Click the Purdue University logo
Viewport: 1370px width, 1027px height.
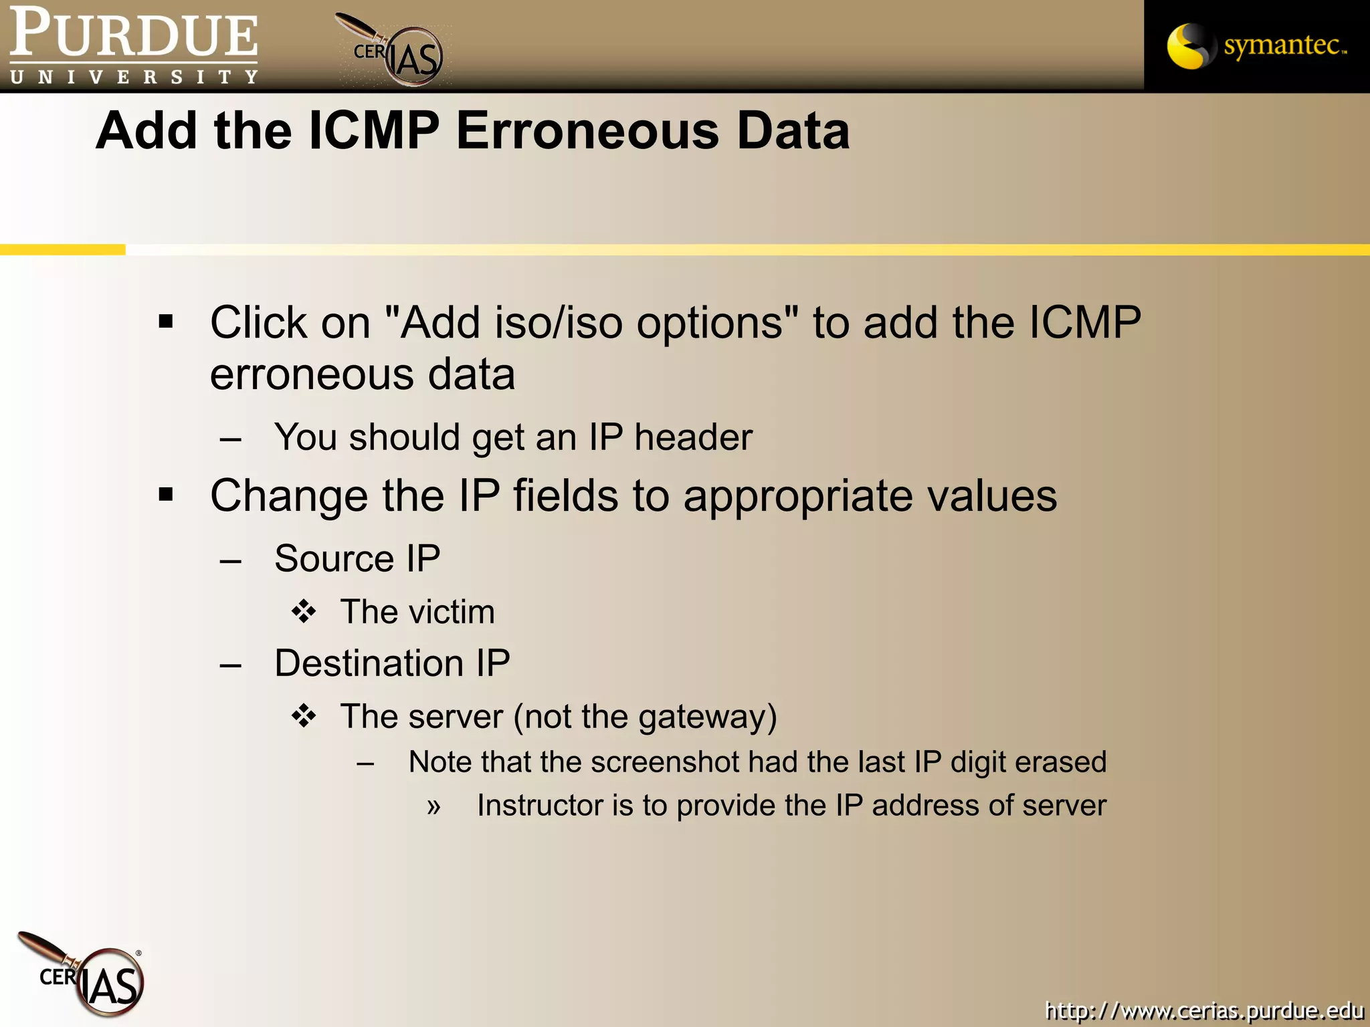tap(134, 45)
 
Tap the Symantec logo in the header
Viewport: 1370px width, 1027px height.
tap(1256, 45)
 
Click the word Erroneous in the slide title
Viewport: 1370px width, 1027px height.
tap(587, 130)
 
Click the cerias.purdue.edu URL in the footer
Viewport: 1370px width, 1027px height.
tap(1204, 1010)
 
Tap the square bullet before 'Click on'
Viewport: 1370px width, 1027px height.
tap(166, 322)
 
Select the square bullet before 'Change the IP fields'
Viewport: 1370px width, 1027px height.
tap(166, 495)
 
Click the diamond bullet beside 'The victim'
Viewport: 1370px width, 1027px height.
tap(304, 611)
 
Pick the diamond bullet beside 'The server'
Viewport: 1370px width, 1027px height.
tap(304, 716)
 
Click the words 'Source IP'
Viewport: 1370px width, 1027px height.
tap(357, 558)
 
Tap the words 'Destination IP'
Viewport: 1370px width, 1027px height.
tap(392, 663)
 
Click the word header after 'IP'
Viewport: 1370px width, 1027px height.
tap(693, 437)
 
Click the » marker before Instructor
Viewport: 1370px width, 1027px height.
tap(434, 807)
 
